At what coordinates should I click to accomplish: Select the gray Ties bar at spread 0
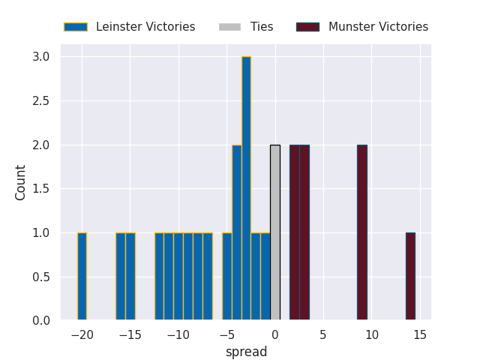tap(275, 232)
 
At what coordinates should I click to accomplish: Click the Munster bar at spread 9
tap(362, 232)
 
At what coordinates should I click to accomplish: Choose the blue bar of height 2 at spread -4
tap(236, 232)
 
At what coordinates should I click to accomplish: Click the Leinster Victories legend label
tap(145, 27)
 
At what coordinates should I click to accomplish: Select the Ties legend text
tap(262, 27)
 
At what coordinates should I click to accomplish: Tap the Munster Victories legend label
tap(378, 27)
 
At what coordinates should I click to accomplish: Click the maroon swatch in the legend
tap(307, 27)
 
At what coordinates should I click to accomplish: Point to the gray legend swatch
tap(229, 27)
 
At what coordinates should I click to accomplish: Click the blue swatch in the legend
tap(75, 27)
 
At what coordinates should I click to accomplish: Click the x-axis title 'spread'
tap(246, 352)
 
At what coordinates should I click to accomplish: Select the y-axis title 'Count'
tap(21, 182)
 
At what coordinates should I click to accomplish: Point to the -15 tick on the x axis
tap(130, 334)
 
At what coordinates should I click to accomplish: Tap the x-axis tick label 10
tap(372, 334)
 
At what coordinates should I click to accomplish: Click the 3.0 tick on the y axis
tap(41, 57)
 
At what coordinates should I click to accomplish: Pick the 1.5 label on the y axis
tap(41, 189)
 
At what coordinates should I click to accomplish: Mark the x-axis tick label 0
tap(275, 334)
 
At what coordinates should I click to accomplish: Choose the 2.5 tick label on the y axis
tap(41, 101)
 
